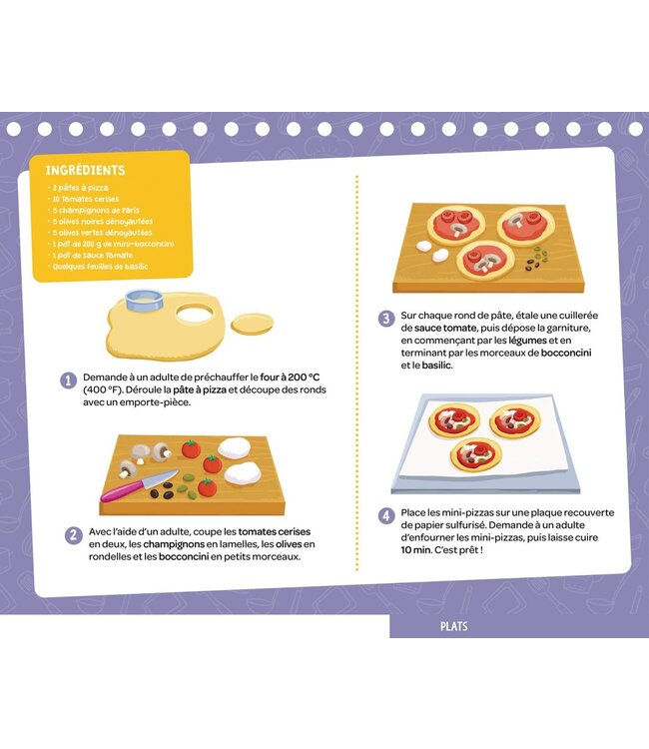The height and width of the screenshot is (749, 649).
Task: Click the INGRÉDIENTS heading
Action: [85, 170]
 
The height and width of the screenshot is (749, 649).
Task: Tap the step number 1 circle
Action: [68, 380]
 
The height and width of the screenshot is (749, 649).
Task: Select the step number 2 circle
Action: [73, 535]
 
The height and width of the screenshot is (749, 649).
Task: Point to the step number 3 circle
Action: [386, 319]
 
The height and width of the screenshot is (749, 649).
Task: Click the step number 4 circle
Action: [386, 516]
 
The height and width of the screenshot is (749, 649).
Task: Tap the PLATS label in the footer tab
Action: [453, 626]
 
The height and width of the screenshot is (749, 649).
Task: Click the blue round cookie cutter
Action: [144, 300]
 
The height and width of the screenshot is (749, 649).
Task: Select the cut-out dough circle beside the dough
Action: [253, 324]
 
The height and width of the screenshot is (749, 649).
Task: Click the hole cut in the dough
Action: [195, 313]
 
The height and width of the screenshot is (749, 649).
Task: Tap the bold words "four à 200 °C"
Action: [290, 377]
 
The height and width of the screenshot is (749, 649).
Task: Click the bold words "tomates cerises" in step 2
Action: [275, 531]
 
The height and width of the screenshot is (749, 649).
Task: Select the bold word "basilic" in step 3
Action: [436, 366]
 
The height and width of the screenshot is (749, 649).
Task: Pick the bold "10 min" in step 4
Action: [416, 550]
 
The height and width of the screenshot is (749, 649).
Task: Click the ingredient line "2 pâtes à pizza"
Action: [80, 188]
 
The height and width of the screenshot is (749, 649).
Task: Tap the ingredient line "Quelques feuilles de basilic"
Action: [100, 267]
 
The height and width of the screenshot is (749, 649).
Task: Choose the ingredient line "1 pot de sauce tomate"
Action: [92, 255]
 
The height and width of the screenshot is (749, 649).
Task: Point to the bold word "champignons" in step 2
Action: [174, 544]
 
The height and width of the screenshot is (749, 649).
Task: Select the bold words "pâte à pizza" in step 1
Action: [200, 389]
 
